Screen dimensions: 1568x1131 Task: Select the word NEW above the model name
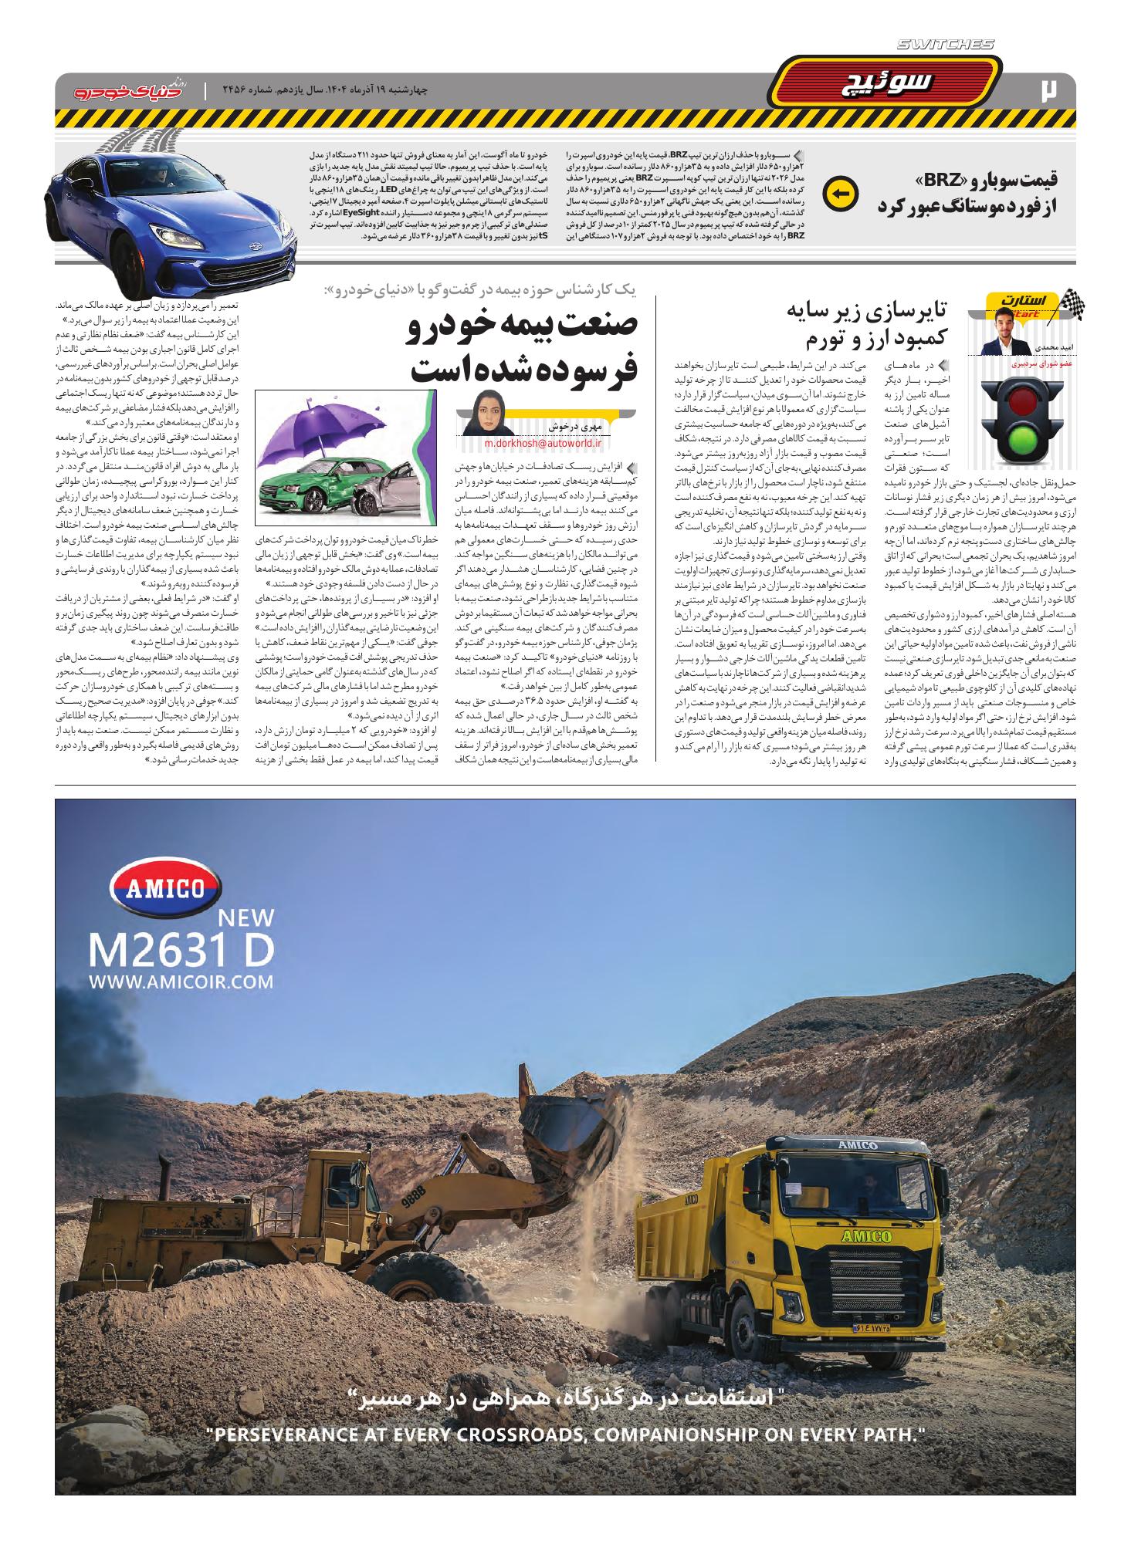click(246, 917)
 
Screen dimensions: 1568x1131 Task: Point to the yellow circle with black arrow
click(840, 194)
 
